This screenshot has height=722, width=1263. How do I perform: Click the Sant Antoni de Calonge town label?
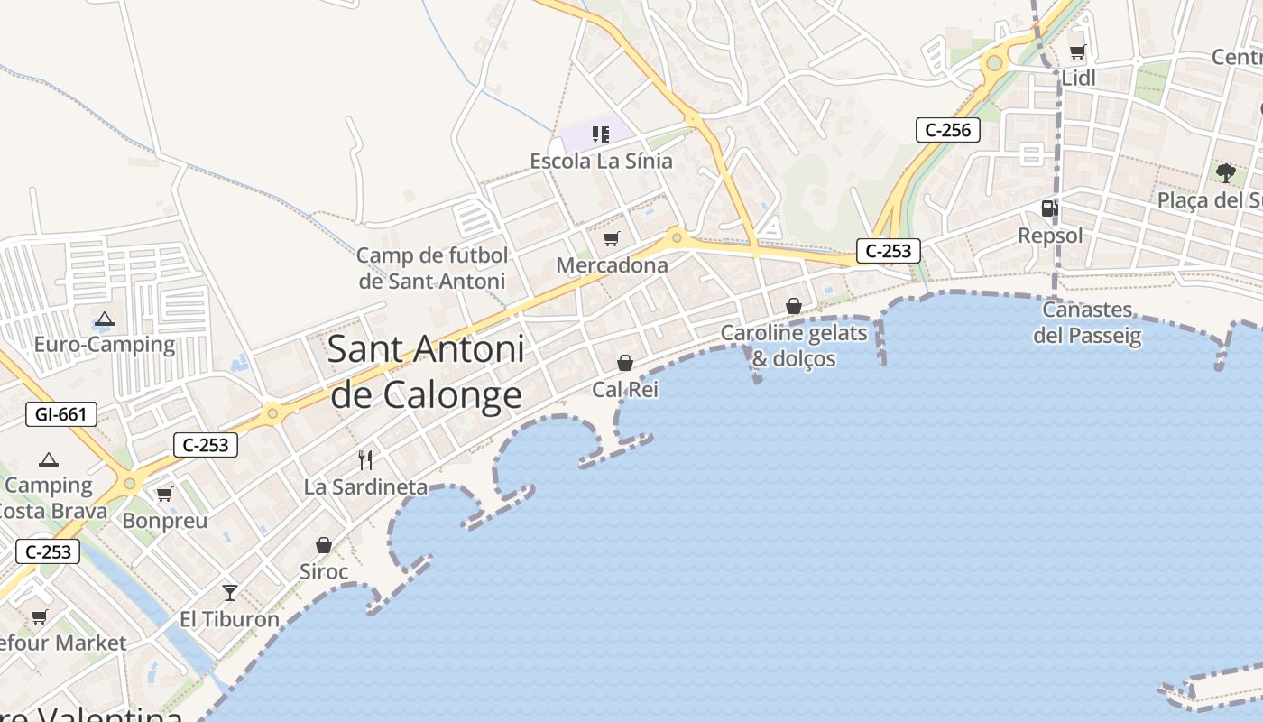[426, 372]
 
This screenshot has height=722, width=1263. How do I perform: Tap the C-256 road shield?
[948, 130]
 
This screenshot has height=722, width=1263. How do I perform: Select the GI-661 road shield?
[61, 414]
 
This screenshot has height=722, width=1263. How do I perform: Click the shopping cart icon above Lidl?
[1077, 51]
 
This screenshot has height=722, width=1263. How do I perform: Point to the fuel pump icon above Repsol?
[1049, 208]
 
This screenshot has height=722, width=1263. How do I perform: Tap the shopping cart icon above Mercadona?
[612, 238]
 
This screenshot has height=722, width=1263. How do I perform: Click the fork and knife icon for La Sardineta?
[365, 460]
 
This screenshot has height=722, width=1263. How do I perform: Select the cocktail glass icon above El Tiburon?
[230, 592]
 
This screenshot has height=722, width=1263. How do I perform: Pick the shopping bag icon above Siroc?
[324, 545]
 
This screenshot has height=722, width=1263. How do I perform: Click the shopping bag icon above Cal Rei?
[624, 363]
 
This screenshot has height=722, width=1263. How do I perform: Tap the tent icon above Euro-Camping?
[105, 319]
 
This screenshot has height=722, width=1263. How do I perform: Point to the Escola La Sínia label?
[601, 162]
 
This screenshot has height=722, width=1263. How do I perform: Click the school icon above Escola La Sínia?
[600, 134]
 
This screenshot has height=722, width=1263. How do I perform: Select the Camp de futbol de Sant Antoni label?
[432, 268]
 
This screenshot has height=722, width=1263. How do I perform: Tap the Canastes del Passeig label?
[1087, 323]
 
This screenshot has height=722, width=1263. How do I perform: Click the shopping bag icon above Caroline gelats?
[794, 306]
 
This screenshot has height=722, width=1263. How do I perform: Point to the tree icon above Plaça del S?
[1225, 171]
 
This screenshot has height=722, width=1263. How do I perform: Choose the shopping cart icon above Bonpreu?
[164, 495]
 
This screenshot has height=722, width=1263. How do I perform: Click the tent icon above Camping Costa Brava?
[49, 459]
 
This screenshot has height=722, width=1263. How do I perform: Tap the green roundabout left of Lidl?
[994, 63]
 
